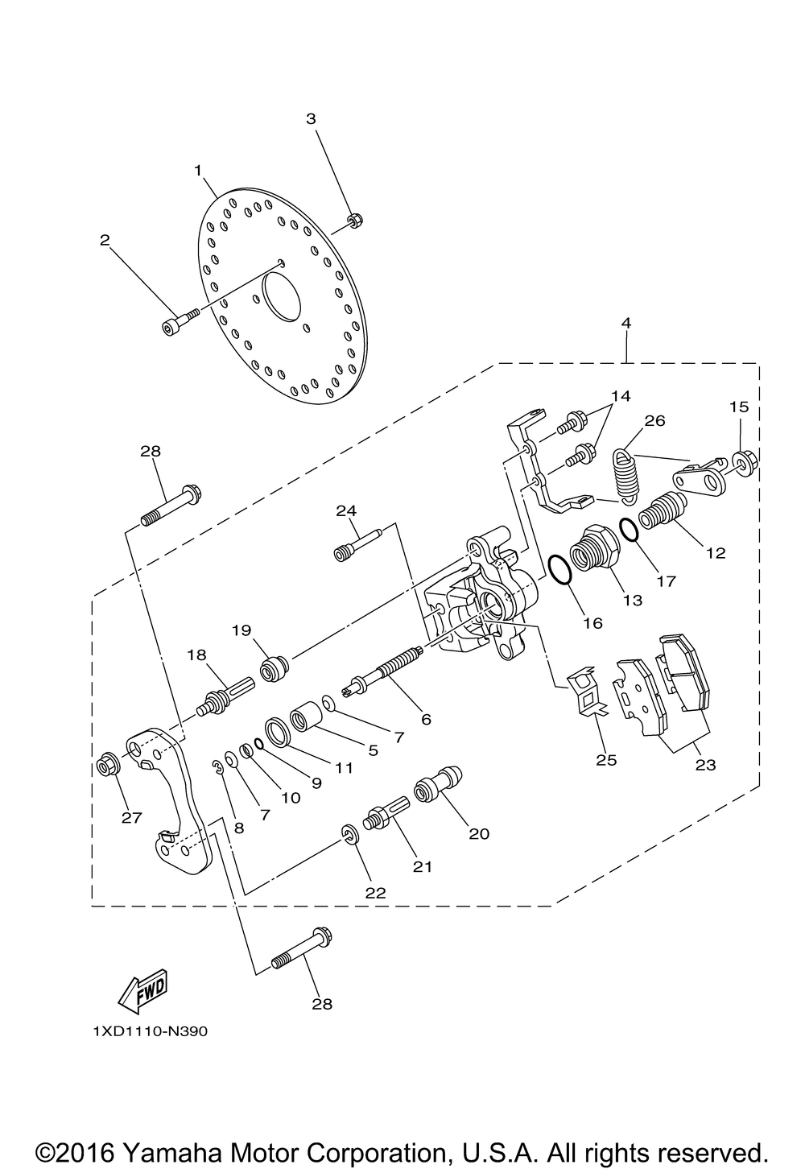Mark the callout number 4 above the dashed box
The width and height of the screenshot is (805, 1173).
click(626, 323)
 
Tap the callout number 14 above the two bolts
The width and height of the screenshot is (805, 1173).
click(621, 396)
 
